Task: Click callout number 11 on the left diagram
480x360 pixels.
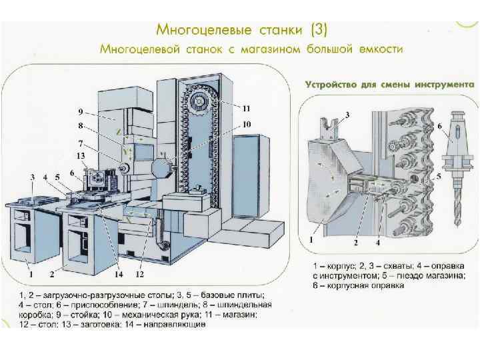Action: (x=246, y=108)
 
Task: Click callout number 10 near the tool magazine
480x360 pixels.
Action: (x=246, y=124)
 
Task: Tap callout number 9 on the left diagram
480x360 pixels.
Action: (x=80, y=111)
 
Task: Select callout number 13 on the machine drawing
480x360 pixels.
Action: (x=81, y=155)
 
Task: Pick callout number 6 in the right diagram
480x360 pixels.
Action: (x=439, y=125)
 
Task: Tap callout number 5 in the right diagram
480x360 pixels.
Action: (x=439, y=177)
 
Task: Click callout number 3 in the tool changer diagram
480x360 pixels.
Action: (x=347, y=115)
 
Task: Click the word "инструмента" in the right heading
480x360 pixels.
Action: (x=444, y=85)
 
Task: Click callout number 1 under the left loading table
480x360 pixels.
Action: (x=30, y=274)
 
